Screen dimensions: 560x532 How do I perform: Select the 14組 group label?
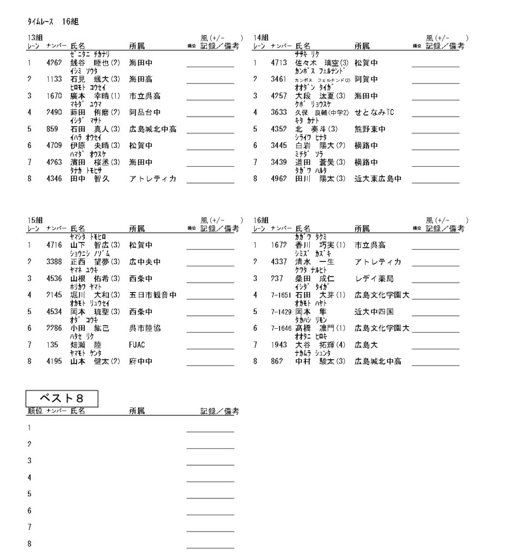261,37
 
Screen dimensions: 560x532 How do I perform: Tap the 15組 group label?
36,219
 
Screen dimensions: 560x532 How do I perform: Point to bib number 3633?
279,113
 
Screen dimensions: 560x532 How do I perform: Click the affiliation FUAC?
138,346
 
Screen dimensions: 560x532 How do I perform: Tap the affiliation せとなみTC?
374,113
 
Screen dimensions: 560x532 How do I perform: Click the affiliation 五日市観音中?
152,296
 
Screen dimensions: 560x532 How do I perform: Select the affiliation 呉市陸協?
145,329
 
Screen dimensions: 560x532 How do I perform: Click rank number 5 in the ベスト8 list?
29,494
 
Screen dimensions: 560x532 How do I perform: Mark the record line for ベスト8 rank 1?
210,432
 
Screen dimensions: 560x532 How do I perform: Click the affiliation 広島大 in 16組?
366,346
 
